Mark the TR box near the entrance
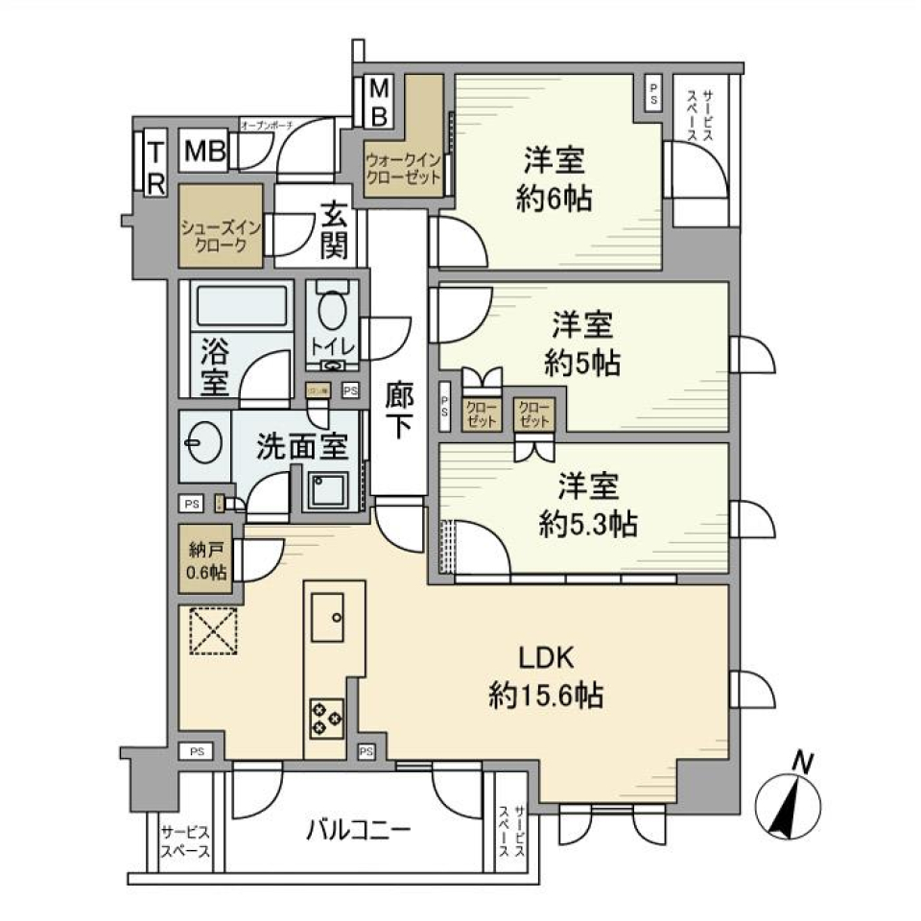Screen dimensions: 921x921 pyautogui.click(x=155, y=164)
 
